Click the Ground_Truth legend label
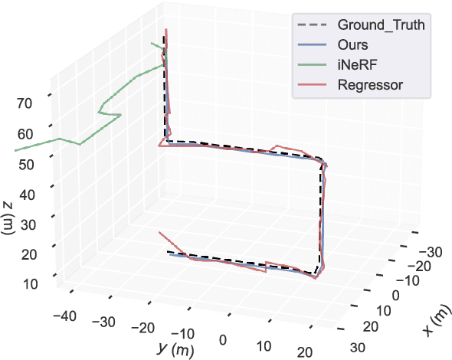pos(382,26)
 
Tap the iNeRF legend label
pos(357,64)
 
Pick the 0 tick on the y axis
pos(224,340)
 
